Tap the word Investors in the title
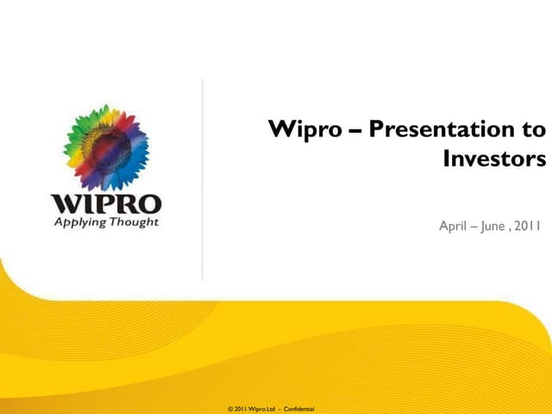coord(494,160)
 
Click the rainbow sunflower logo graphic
coord(106,147)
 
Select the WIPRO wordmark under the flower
coord(106,204)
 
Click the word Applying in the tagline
coord(79,223)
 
